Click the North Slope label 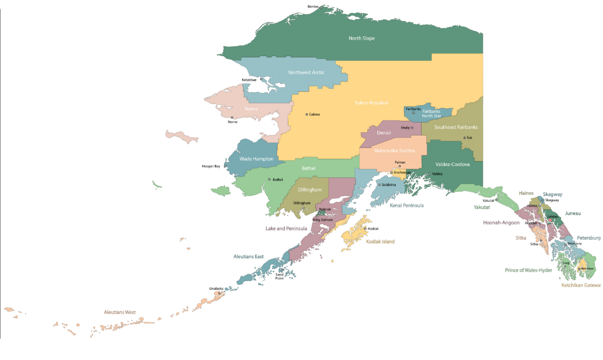pos(361,39)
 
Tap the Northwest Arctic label pos(306,73)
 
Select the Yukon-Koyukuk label pos(371,103)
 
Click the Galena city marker pos(307,115)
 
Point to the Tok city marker pos(464,138)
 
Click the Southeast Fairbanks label pos(456,128)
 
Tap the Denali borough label pos(384,133)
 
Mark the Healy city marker pos(412,128)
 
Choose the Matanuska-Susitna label pos(394,151)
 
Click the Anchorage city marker pos(392,172)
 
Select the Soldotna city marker pos(379,185)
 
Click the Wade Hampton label pos(256,159)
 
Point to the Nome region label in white pos(251,108)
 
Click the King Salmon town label pos(323,219)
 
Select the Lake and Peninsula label pos(286,228)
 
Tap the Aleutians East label pos(249,257)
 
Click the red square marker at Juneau pos(550,220)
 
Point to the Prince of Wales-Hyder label pos(528,270)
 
